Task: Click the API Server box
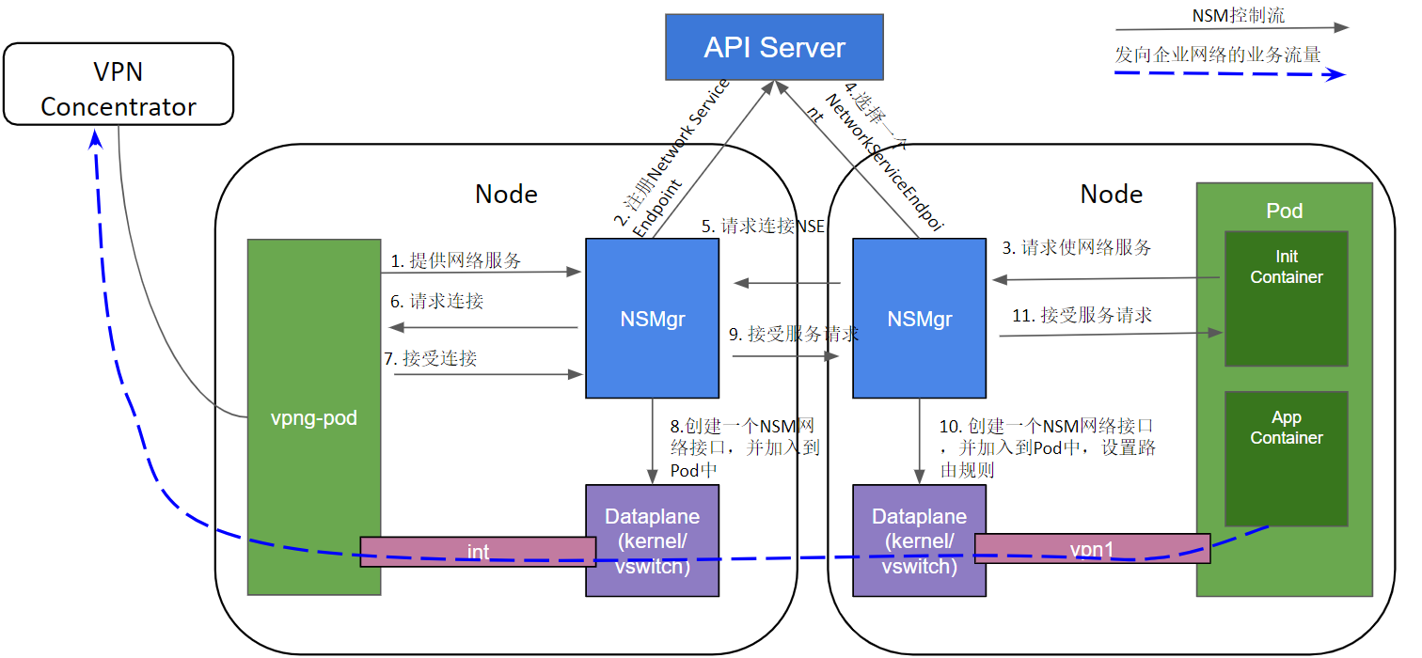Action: (774, 47)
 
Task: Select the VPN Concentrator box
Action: (118, 89)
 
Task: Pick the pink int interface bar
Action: (478, 552)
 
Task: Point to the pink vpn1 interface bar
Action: (1092, 548)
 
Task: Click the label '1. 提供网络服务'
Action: (456, 260)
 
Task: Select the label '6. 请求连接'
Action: (437, 302)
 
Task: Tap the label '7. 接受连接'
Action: (431, 358)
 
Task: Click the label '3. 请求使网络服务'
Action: (1076, 248)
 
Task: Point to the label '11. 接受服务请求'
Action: (1082, 315)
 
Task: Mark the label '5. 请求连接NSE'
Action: (762, 227)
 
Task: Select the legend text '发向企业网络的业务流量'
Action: (1217, 55)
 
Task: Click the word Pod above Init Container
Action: (1284, 211)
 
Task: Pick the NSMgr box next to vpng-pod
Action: (652, 319)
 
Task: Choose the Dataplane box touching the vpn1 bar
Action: (918, 540)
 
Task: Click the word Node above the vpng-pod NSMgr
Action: (506, 194)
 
